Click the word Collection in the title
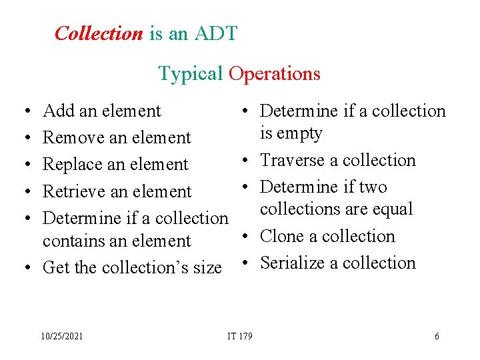tap(99, 33)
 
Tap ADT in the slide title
tap(215, 33)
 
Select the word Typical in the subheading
tap(190, 73)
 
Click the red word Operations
tap(274, 73)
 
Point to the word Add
tap(57, 111)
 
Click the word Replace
tap(71, 165)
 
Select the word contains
tap(71, 241)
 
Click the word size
tap(207, 267)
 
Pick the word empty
tap(300, 133)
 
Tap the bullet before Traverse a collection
tap(246, 160)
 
